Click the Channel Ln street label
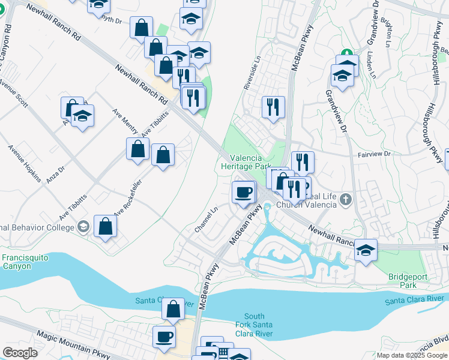(x=206, y=221)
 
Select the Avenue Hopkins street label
(x=25, y=163)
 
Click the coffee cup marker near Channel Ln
(x=243, y=193)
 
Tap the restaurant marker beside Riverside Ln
(x=273, y=107)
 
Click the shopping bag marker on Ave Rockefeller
(x=106, y=226)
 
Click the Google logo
(x=20, y=353)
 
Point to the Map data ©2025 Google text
(x=412, y=355)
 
